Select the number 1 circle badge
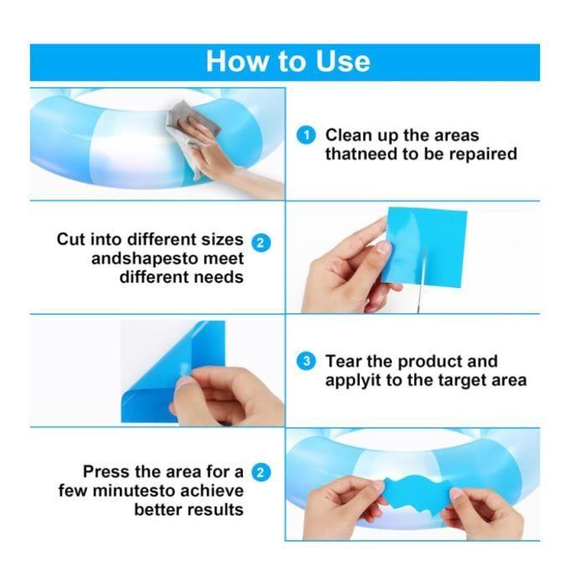pyautogui.click(x=307, y=135)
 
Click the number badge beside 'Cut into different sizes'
pyautogui.click(x=262, y=243)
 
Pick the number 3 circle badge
pyautogui.click(x=307, y=362)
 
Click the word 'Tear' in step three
pyautogui.click(x=345, y=362)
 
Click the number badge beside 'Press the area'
pyautogui.click(x=262, y=472)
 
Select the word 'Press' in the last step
pyautogui.click(x=108, y=472)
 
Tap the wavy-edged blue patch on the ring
pyautogui.click(x=412, y=493)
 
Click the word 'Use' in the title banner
pyautogui.click(x=337, y=61)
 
